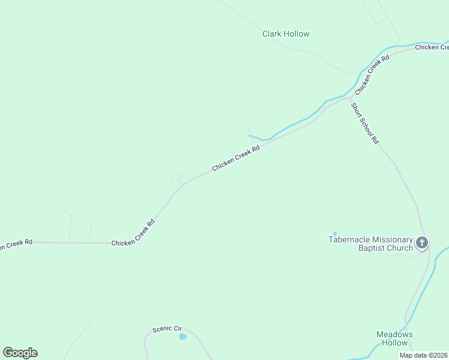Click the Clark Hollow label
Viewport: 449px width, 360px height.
pyautogui.click(x=286, y=34)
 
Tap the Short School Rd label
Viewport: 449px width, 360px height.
pyautogui.click(x=365, y=123)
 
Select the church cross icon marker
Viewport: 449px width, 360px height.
pyautogui.click(x=422, y=243)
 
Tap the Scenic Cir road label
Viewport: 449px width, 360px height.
pyautogui.click(x=167, y=329)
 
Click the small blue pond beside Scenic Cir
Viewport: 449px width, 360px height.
pyautogui.click(x=182, y=337)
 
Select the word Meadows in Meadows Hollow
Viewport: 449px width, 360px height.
pyautogui.click(x=394, y=334)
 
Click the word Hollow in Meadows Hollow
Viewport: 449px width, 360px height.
pyautogui.click(x=394, y=343)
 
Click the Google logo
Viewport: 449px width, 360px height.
pyautogui.click(x=20, y=353)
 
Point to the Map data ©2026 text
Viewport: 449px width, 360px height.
pyautogui.click(x=424, y=355)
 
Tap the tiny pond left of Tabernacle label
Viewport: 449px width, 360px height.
pyautogui.click(x=334, y=233)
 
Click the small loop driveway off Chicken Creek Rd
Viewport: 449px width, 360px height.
pyautogui.click(x=176, y=177)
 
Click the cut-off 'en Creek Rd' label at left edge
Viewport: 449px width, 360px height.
pyautogui.click(x=16, y=244)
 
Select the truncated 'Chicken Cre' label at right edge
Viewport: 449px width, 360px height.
pyautogui.click(x=432, y=47)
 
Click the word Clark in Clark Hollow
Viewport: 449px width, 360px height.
pyautogui.click(x=272, y=34)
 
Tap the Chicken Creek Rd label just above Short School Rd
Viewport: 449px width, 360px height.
pyautogui.click(x=372, y=75)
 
